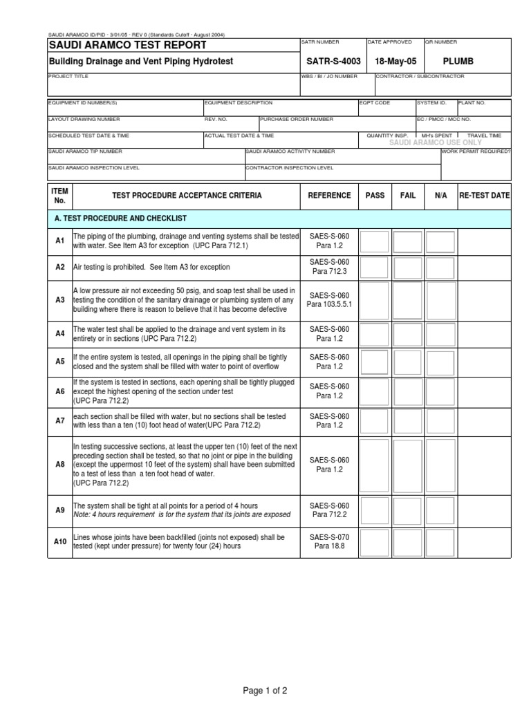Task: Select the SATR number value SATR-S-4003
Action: click(x=333, y=62)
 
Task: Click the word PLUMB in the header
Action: click(x=458, y=62)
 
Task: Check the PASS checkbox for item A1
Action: click(x=375, y=241)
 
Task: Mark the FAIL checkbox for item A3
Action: click(x=408, y=299)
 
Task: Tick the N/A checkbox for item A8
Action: click(x=441, y=464)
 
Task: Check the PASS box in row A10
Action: click(x=375, y=541)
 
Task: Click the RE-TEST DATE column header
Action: click(x=484, y=196)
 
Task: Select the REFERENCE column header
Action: click(x=329, y=196)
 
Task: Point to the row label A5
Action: click(x=59, y=361)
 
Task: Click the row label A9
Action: click(x=59, y=510)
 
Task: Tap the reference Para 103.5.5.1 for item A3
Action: click(x=329, y=304)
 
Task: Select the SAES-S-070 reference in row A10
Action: click(x=329, y=536)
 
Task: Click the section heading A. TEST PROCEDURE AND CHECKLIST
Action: click(x=120, y=218)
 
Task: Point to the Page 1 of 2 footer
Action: click(x=265, y=690)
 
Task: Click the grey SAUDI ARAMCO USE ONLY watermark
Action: click(x=436, y=142)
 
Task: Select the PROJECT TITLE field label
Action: click(x=68, y=77)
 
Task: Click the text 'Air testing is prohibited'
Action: click(x=111, y=267)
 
